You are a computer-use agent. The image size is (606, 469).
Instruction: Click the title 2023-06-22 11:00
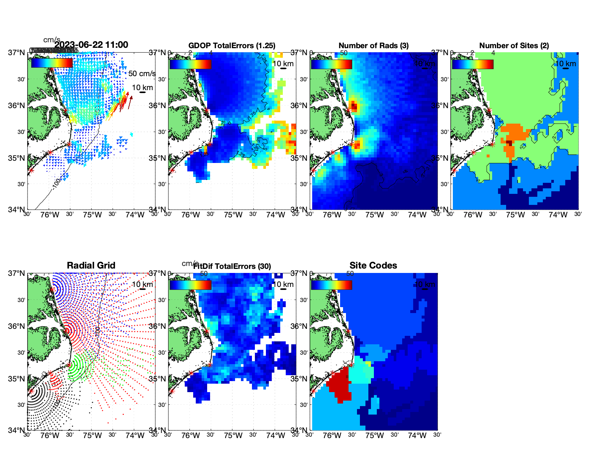pyautogui.click(x=91, y=45)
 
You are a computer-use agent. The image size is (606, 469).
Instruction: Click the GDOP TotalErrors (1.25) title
pyautogui.click(x=232, y=46)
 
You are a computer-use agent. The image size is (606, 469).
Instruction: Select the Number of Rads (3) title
pyautogui.click(x=374, y=46)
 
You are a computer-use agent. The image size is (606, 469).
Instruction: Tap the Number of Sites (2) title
pyautogui.click(x=514, y=46)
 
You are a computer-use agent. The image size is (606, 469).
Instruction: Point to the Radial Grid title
pyautogui.click(x=91, y=266)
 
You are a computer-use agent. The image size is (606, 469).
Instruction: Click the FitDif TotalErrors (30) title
pyautogui.click(x=232, y=266)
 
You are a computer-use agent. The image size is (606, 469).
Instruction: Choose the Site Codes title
pyautogui.click(x=373, y=266)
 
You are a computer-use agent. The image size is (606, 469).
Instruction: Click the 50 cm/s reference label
pyautogui.click(x=142, y=74)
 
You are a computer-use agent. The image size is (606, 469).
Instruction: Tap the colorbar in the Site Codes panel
pyautogui.click(x=331, y=285)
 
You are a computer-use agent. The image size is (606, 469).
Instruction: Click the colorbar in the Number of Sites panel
pyautogui.click(x=473, y=64)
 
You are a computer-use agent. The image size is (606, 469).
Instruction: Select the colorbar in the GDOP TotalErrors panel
pyautogui.click(x=190, y=64)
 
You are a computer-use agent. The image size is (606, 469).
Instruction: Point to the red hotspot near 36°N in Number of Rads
pyautogui.click(x=354, y=107)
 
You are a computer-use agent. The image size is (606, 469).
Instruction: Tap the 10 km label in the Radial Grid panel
pyautogui.click(x=142, y=284)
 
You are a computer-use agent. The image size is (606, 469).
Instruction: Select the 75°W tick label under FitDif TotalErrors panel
pyautogui.click(x=233, y=436)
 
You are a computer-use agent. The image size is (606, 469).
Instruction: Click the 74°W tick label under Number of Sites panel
pyautogui.click(x=558, y=215)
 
